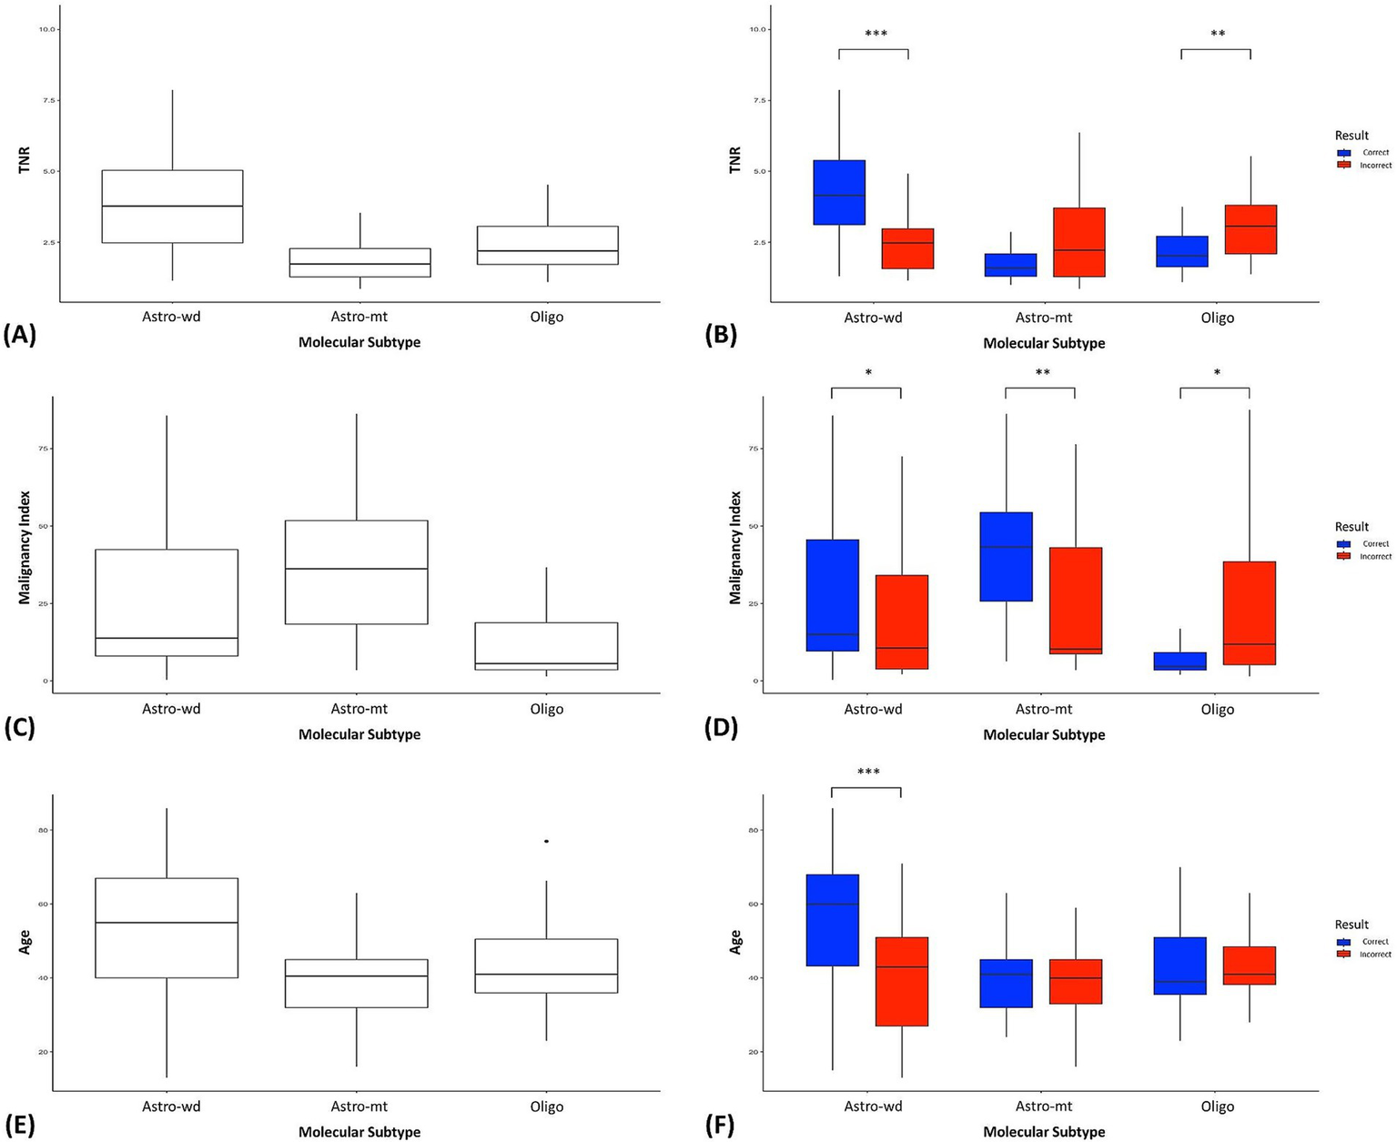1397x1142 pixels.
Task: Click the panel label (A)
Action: pos(19,336)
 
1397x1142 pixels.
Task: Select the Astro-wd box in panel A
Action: pos(172,207)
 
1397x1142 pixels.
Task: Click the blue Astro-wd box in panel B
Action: pos(839,192)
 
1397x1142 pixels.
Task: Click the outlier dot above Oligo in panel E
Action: pos(546,842)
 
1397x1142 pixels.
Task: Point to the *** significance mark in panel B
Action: pos(876,35)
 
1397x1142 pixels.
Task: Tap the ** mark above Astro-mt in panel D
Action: pos(1042,373)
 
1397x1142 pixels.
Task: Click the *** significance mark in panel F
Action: pos(868,773)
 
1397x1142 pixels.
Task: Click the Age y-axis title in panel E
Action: pos(25,941)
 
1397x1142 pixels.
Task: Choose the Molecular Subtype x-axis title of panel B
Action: pos(1044,343)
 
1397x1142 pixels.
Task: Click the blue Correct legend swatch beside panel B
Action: pos(1342,153)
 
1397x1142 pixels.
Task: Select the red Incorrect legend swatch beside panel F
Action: pos(1342,955)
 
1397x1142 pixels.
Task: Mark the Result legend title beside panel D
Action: pos(1351,527)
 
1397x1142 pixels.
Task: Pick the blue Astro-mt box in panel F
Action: pos(1007,984)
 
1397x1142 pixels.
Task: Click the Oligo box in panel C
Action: pos(546,646)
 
